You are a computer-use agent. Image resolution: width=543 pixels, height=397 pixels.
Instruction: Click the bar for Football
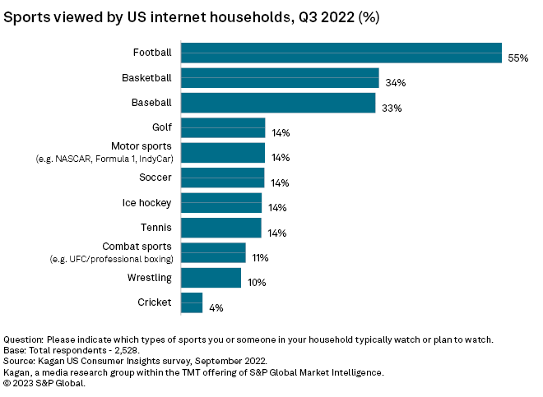tap(341, 53)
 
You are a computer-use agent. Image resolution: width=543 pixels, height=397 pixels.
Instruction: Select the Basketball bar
tap(280, 78)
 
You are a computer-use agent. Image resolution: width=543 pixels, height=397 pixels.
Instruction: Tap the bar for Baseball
tap(278, 103)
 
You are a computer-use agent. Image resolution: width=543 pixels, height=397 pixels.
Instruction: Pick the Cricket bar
tap(192, 302)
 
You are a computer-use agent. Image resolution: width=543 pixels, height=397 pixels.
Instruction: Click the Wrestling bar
tap(211, 278)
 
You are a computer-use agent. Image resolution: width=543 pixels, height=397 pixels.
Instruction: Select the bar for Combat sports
tap(213, 252)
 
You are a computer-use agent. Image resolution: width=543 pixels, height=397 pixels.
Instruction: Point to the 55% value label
tap(517, 58)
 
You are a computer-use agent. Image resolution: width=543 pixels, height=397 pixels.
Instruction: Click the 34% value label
tap(394, 83)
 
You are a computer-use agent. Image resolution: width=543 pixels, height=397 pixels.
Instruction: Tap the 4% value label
tap(216, 307)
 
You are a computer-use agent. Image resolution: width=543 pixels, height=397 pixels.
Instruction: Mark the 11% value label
tap(260, 258)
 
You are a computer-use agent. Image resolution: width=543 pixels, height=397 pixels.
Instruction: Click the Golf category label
tap(162, 127)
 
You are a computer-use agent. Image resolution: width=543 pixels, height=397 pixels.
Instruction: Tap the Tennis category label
tap(157, 227)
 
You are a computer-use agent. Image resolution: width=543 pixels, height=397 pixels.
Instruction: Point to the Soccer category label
tap(155, 178)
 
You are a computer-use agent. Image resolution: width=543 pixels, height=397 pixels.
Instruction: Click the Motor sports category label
tap(142, 146)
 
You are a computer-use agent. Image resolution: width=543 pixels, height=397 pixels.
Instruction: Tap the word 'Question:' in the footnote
tap(24, 339)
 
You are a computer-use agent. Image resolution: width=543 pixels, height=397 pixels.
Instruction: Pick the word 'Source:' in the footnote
tap(21, 361)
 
